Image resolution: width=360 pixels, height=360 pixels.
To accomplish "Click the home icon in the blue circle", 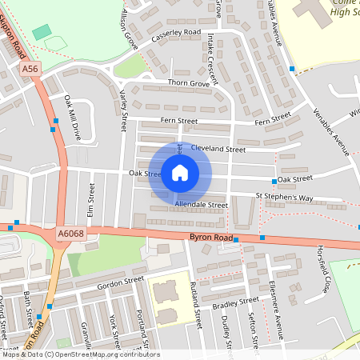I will click(x=180, y=173).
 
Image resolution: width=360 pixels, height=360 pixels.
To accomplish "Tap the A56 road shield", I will click(x=30, y=70).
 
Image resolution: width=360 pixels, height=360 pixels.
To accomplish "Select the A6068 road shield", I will click(x=70, y=234).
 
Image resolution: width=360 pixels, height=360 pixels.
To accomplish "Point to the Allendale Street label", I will click(x=201, y=205).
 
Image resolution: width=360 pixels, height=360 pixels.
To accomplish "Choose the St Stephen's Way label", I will click(x=284, y=197).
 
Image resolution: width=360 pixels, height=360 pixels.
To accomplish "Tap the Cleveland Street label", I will click(x=218, y=149).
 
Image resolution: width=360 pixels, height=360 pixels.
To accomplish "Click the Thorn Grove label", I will click(x=189, y=82).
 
